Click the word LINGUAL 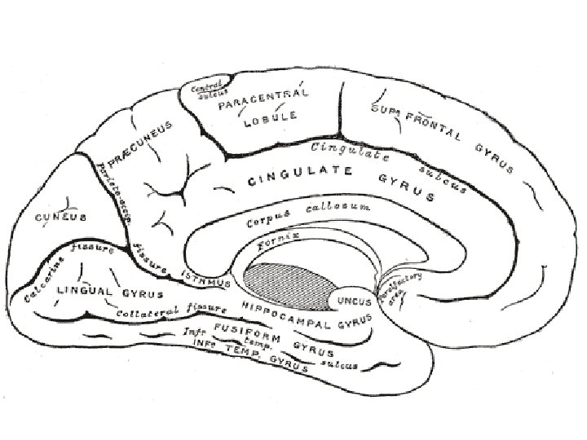[x=86, y=290]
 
